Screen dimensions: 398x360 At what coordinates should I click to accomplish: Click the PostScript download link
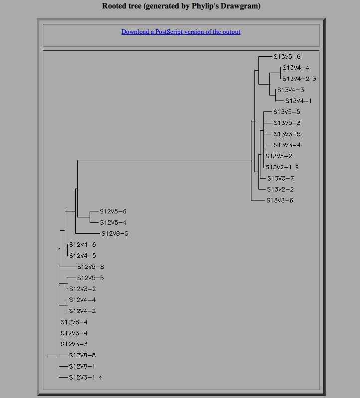tap(181, 32)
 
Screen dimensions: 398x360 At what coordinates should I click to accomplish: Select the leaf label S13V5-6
tap(287, 57)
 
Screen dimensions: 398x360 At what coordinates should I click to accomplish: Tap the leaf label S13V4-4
tap(296, 68)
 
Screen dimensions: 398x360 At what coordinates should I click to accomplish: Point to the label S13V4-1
tap(298, 101)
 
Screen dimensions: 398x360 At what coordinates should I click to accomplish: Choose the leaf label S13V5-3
tap(287, 123)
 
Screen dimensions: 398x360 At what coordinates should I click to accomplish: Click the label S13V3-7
tap(280, 178)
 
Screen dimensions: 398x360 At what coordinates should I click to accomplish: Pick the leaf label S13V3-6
tap(280, 200)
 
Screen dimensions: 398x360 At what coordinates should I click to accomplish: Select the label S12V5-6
tap(113, 211)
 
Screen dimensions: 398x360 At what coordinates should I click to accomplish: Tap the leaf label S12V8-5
tap(115, 234)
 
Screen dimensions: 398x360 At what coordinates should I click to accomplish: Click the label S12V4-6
tap(83, 245)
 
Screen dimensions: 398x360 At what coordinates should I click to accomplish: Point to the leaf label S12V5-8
tap(91, 267)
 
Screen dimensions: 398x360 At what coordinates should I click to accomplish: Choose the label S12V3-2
tap(83, 289)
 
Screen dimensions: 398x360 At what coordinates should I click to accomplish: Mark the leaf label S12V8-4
tap(74, 322)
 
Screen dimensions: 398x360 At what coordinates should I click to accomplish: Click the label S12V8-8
tap(83, 355)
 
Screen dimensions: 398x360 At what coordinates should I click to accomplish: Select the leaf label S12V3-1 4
tap(86, 378)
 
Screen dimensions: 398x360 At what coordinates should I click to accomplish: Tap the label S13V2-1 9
tap(282, 167)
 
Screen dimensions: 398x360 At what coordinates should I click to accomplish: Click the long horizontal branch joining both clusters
tap(164, 161)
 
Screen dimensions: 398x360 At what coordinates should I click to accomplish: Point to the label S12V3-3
tap(74, 344)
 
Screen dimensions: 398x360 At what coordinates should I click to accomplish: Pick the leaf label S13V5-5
tap(287, 112)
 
